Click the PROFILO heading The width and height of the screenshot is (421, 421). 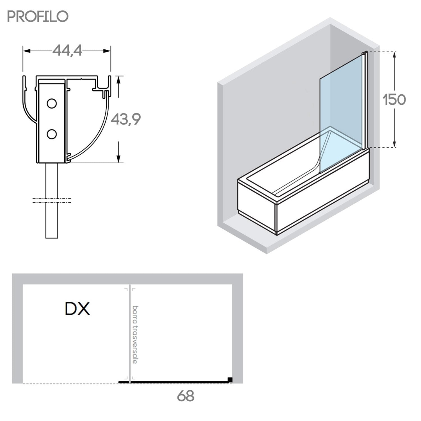[38, 17]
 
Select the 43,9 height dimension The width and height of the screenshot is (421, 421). [125, 120]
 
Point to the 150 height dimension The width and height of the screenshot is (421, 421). [395, 100]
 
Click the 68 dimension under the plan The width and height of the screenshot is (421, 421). [186, 396]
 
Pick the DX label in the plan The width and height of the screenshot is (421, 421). [77, 309]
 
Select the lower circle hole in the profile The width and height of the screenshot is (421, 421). [52, 134]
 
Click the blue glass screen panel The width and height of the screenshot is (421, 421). [341, 112]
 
